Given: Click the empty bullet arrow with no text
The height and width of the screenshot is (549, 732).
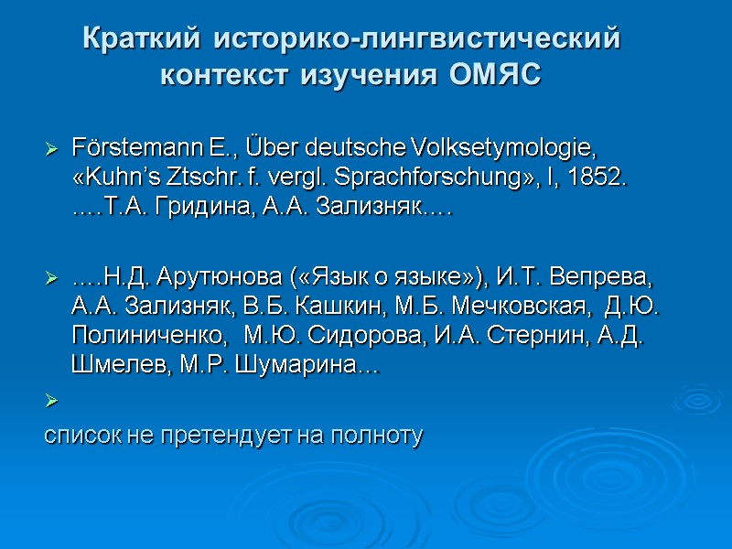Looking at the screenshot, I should tap(51, 400).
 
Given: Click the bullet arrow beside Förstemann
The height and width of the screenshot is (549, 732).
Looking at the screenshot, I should tap(51, 148).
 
